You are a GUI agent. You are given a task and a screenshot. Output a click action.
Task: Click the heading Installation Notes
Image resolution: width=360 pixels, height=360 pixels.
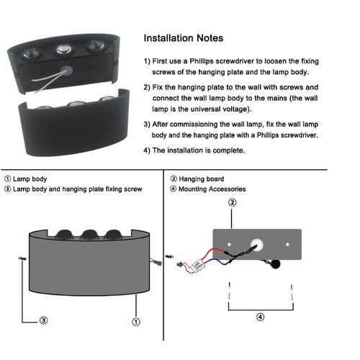[x=184, y=38]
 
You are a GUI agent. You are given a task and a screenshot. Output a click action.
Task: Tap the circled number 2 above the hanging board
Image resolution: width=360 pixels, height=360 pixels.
[x=232, y=202]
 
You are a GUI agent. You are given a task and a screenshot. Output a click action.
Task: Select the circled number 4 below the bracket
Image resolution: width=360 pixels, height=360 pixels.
[x=261, y=317]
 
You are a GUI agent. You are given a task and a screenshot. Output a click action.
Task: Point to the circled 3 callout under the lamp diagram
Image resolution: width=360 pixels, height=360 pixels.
[x=43, y=320]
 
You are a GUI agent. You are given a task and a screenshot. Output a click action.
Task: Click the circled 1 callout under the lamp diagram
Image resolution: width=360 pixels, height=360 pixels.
[x=136, y=322]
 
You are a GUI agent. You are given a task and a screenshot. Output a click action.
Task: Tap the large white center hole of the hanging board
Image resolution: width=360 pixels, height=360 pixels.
[x=257, y=245]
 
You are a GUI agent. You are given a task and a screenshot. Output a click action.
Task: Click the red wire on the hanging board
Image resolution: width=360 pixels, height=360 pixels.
[x=215, y=251]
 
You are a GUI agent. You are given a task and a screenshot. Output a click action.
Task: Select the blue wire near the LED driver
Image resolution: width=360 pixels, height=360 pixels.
[x=217, y=262]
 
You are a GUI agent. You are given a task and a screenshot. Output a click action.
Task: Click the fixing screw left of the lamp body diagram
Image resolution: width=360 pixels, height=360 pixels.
[x=22, y=258]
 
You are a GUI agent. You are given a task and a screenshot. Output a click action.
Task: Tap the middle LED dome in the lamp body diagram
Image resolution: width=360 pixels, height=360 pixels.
[x=89, y=235]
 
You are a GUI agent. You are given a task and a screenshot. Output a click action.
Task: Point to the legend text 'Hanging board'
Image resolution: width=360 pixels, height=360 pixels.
[x=202, y=179]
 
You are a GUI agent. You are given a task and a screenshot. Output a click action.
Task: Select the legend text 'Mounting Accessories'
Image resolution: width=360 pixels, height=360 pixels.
[x=212, y=189]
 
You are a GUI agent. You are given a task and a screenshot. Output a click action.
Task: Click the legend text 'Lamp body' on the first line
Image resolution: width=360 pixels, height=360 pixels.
[x=30, y=179]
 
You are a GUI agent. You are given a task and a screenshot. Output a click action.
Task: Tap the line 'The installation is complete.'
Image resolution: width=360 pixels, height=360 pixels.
[x=199, y=150]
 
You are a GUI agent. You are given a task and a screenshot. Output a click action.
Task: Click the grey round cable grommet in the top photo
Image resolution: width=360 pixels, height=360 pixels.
[x=67, y=71]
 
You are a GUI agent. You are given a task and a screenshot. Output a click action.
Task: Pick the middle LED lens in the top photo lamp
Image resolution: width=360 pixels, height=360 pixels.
[x=64, y=50]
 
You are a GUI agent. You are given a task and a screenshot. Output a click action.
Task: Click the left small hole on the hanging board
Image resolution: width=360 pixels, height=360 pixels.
[x=229, y=244]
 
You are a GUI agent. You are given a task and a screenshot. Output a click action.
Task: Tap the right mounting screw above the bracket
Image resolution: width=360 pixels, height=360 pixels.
[x=292, y=292]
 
